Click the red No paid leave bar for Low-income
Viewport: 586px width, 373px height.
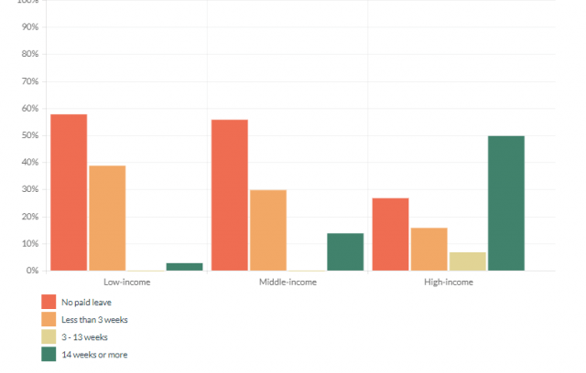click(69, 192)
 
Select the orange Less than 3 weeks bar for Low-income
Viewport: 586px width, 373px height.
click(107, 218)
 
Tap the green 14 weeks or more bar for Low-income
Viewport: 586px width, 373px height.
click(184, 266)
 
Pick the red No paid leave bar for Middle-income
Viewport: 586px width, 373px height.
click(229, 195)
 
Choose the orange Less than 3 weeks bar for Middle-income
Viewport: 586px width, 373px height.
click(267, 229)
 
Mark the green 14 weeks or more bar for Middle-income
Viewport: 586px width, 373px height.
click(345, 251)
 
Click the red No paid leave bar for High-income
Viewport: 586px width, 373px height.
click(390, 234)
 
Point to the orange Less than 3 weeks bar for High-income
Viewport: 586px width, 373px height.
click(429, 249)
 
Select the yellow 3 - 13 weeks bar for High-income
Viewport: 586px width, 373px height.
click(467, 261)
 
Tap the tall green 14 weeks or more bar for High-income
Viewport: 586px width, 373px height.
click(505, 203)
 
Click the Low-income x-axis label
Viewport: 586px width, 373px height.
click(127, 282)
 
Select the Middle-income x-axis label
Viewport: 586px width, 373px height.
click(288, 282)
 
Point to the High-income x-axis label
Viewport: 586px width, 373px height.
click(448, 282)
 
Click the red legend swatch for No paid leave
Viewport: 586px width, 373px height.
click(49, 301)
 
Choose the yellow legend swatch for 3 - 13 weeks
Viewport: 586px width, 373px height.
click(49, 336)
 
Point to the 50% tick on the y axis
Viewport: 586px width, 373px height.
click(30, 135)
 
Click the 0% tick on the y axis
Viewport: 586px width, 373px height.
click(32, 271)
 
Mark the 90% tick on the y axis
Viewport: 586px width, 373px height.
click(30, 27)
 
